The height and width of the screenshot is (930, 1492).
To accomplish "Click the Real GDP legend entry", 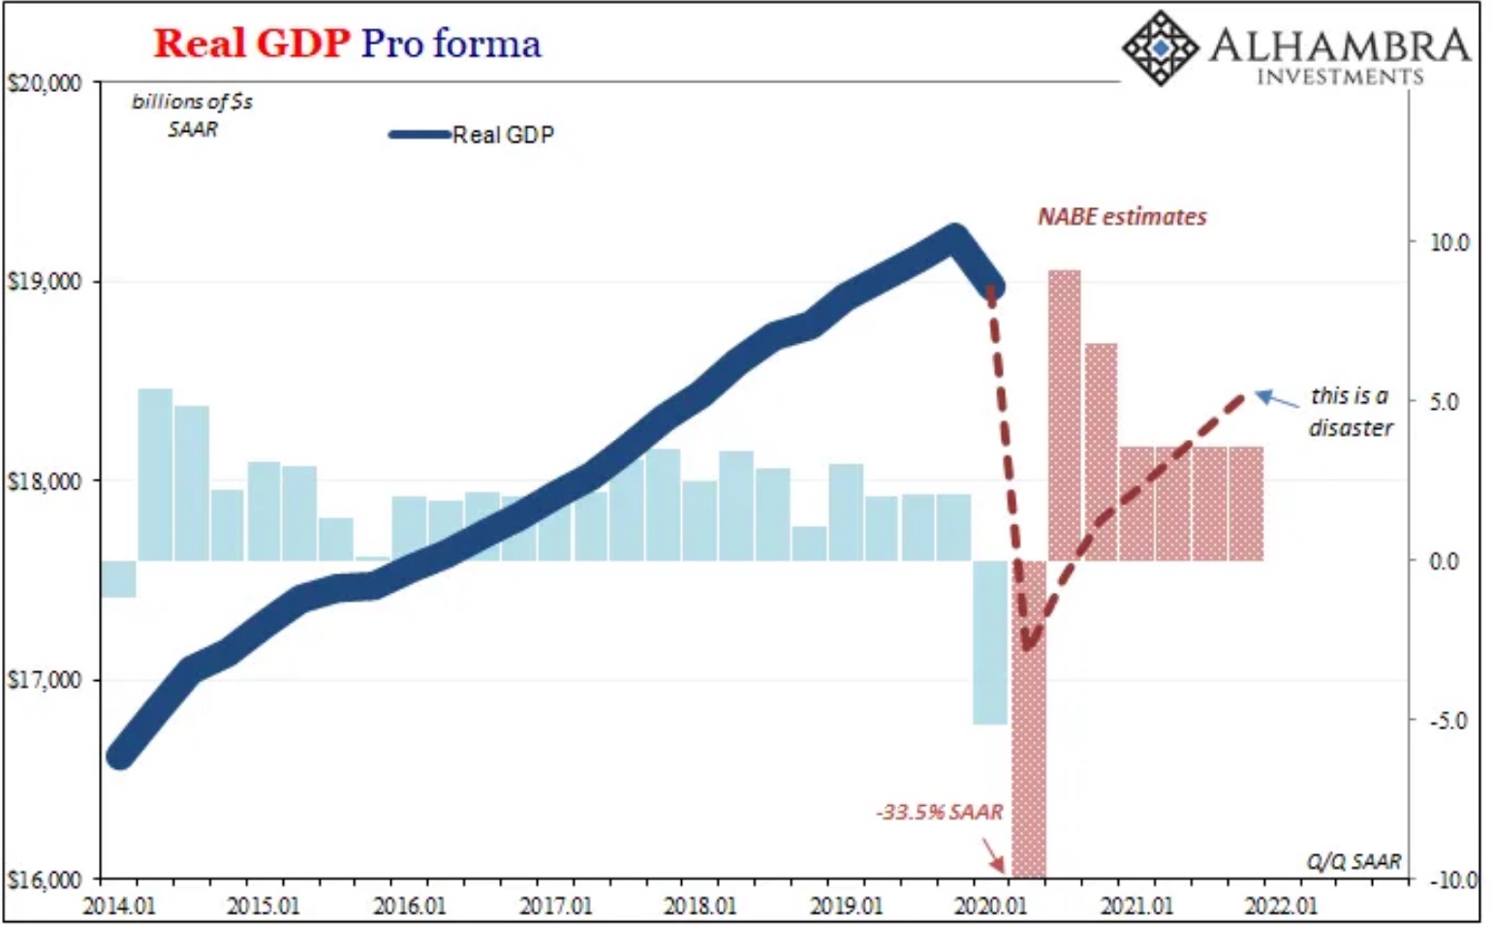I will (473, 135).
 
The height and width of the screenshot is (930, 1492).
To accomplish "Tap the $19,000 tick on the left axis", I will (45, 282).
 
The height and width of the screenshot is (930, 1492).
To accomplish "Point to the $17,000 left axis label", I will (45, 680).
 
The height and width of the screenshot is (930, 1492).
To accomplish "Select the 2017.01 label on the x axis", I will (555, 906).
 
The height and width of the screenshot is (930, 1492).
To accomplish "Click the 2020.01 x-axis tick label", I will (990, 906).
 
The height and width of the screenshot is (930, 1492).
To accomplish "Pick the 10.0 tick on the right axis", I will (1449, 242).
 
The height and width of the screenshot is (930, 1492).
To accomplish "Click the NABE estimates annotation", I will (1122, 216).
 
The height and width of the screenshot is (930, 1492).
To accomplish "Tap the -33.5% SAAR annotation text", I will (939, 812).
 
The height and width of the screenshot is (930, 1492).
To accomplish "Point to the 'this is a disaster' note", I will (1350, 412).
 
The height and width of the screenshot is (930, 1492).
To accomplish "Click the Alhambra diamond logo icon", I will (1159, 46).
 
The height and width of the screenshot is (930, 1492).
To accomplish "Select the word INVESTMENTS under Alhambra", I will (1340, 77).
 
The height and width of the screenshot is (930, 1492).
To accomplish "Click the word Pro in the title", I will (391, 44).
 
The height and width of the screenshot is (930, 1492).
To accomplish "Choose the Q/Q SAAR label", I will (1353, 860).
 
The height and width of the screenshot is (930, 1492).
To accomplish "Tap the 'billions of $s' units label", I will (192, 101).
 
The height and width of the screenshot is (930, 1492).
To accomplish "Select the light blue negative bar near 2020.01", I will (990, 642).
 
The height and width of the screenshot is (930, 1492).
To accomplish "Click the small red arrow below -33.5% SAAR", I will (994, 854).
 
